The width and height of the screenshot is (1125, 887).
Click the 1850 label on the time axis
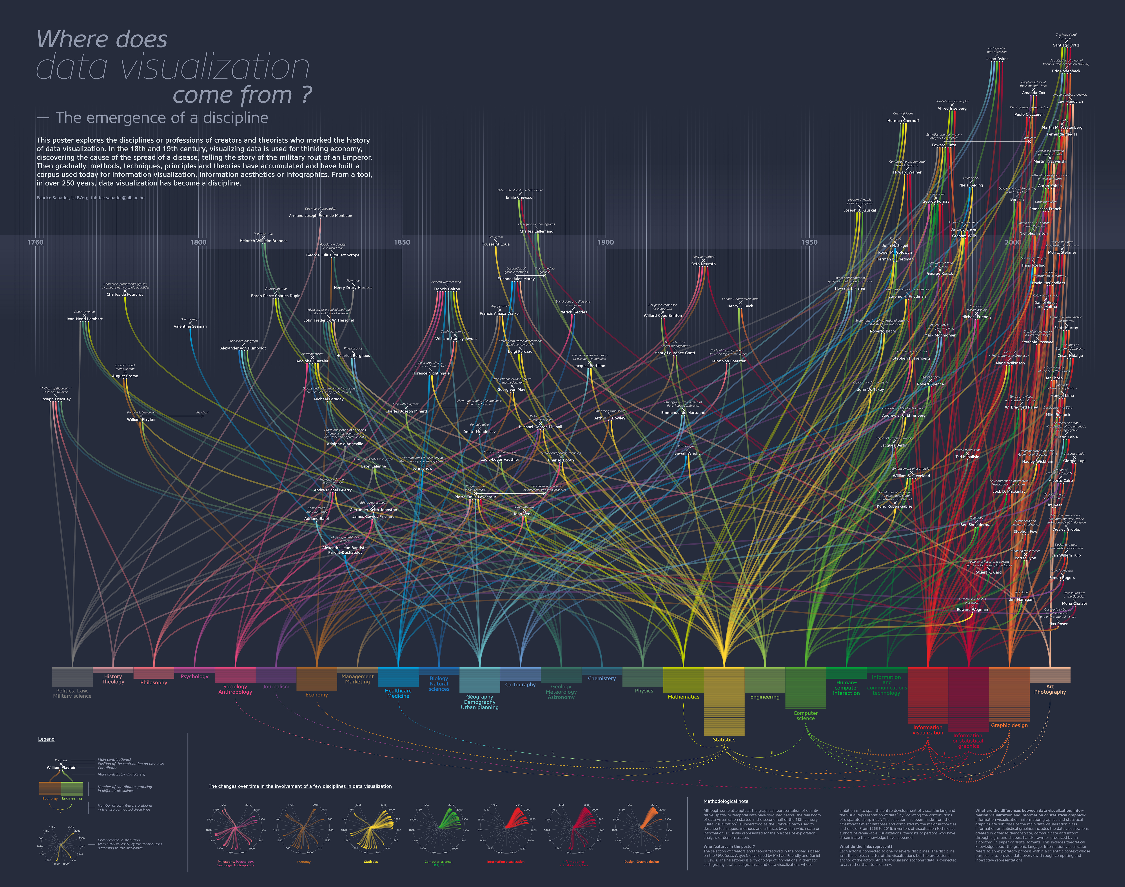[402, 242]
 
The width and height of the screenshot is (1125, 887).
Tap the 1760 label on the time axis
[35, 242]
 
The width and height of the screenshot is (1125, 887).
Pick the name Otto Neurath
[703, 264]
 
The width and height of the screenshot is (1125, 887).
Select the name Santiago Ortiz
[1066, 45]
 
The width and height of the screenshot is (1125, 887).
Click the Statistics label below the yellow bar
[724, 740]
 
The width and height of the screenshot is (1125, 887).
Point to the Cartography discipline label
[520, 684]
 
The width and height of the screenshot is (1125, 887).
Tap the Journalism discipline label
[276, 687]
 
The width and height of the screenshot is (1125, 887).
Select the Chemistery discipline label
[602, 678]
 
